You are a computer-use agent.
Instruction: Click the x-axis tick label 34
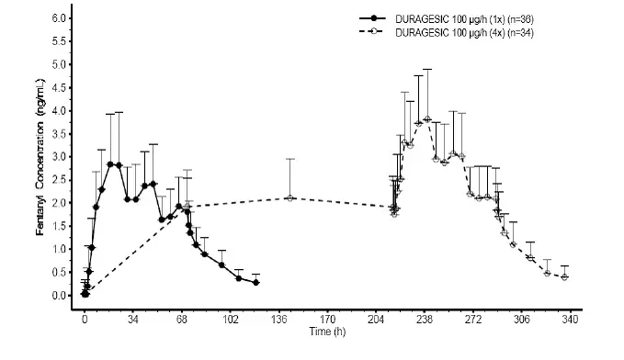tap(133, 320)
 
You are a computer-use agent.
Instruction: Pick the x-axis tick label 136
tap(278, 320)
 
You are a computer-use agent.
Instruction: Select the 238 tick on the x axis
tap(425, 320)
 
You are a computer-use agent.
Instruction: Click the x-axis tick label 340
tap(570, 320)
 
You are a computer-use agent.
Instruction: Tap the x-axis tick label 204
tap(376, 320)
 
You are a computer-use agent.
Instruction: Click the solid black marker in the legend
tap(375, 17)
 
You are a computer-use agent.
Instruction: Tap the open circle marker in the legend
tap(375, 32)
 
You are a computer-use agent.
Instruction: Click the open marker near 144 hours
tap(290, 197)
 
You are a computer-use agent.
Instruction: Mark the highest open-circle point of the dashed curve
tap(427, 119)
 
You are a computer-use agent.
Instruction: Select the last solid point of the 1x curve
tap(255, 283)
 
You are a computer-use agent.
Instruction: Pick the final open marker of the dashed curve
tap(564, 276)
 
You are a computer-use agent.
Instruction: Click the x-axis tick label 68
tap(182, 320)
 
